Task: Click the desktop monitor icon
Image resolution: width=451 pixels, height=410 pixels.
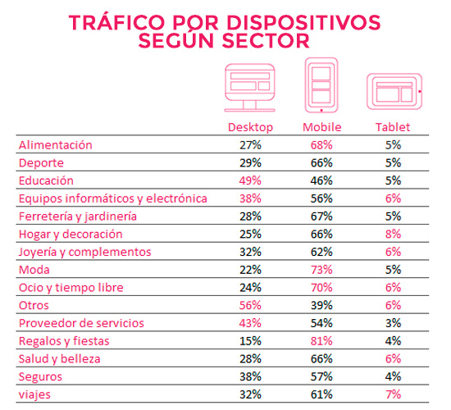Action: tap(250, 89)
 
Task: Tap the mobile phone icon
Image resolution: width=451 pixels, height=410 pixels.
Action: tap(321, 85)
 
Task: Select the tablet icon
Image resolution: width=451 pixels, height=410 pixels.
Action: tap(394, 89)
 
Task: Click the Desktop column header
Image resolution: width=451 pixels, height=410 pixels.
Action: tap(250, 127)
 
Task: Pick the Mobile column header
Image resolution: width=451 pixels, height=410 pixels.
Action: tap(321, 127)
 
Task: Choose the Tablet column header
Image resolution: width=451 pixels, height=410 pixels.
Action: tap(392, 127)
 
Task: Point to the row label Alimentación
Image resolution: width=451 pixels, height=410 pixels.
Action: tap(56, 145)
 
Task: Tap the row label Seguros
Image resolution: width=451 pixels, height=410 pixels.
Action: tap(40, 376)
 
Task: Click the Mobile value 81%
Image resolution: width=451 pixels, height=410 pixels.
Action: tap(322, 341)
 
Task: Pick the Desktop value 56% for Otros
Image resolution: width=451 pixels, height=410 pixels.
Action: tap(250, 305)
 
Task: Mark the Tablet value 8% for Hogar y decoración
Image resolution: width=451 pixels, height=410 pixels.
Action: tap(393, 234)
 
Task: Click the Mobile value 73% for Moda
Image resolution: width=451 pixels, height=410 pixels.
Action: tap(322, 270)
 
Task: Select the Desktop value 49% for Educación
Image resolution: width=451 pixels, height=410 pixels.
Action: tap(250, 180)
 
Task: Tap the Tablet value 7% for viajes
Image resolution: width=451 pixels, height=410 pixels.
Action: tap(393, 394)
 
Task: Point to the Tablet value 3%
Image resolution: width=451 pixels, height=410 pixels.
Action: tap(393, 323)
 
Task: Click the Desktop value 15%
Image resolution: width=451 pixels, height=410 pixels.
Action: tap(250, 341)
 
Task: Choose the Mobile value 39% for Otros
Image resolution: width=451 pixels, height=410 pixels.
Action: tap(322, 305)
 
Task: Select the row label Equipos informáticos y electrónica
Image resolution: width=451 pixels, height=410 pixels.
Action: tap(112, 198)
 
